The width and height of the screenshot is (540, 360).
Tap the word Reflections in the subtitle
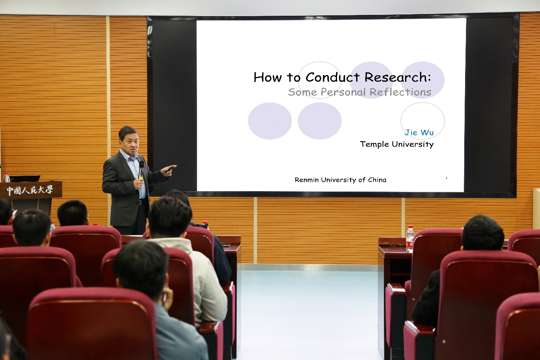(x=400, y=92)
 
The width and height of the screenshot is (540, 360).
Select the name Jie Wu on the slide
(x=419, y=132)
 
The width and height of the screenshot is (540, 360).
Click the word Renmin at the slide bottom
(x=307, y=180)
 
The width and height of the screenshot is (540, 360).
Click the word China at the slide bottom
(x=377, y=180)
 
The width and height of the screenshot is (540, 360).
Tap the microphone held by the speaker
(x=141, y=169)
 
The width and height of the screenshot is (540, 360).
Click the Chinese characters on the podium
(x=29, y=190)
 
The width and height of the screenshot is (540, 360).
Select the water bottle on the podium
(x=6, y=177)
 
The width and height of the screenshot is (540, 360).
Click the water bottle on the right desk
(x=410, y=239)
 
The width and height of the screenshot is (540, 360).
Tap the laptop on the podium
(x=25, y=179)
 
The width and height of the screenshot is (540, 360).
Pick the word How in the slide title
(x=268, y=77)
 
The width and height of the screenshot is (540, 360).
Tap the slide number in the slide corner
(x=446, y=178)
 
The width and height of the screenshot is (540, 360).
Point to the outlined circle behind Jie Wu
(x=401, y=120)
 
